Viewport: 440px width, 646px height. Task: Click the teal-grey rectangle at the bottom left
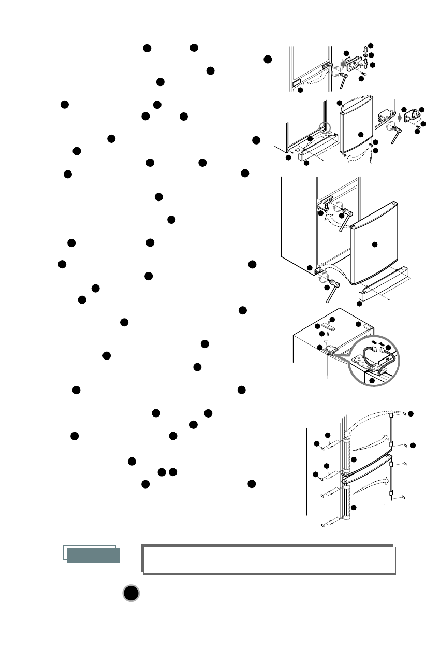point(94,555)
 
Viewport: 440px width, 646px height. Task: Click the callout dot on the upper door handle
point(354,459)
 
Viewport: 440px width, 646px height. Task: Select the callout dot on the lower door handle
point(354,507)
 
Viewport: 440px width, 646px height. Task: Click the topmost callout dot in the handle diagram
point(411,414)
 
